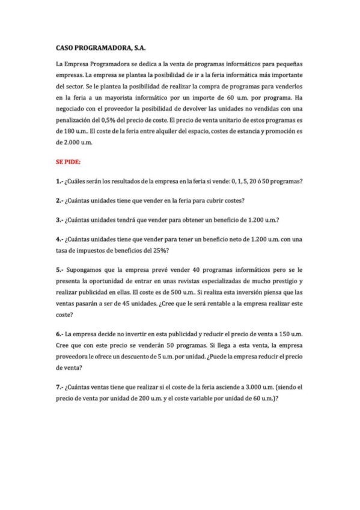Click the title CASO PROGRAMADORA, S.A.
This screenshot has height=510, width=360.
(101, 47)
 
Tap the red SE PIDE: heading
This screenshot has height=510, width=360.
(69, 161)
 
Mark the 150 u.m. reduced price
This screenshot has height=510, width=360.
(290, 333)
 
